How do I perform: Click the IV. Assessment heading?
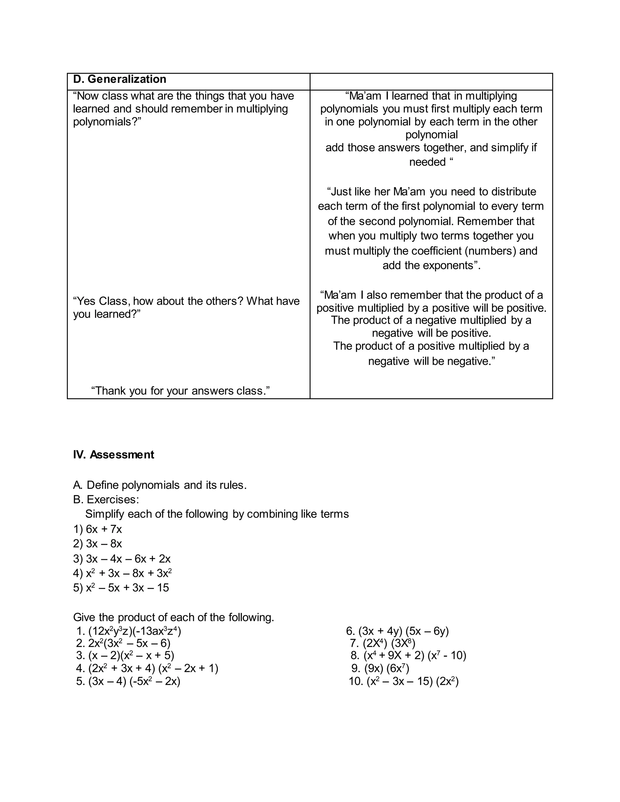coord(114,455)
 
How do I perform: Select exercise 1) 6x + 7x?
coord(98,529)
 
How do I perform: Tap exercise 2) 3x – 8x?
coord(98,544)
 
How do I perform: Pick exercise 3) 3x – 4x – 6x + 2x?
coord(122,559)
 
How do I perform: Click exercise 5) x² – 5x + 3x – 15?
coord(121,587)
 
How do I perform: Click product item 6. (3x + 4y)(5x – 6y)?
coord(397,631)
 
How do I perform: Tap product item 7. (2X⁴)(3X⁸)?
coord(383,643)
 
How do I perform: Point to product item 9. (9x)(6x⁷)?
coord(380,668)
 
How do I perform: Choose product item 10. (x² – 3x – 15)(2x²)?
coord(404,682)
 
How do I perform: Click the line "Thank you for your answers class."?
coord(180,391)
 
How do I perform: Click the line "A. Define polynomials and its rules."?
coord(160,485)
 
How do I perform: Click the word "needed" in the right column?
coord(427,162)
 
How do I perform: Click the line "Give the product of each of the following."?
coord(174,617)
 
